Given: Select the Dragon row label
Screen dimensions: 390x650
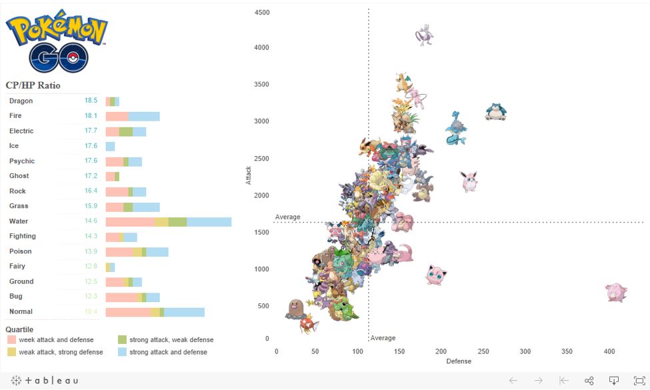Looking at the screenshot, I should point(21,101).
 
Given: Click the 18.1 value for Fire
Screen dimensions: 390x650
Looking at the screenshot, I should point(91,116).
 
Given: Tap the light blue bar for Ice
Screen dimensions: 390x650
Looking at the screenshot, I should point(110,146).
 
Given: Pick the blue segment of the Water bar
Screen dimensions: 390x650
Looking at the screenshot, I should point(209,221).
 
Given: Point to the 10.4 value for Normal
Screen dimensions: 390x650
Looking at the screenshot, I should point(91,311).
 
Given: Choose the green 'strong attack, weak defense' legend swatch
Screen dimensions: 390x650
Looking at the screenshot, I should point(122,340).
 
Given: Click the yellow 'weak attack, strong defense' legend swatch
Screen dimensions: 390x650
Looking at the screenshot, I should point(11,352).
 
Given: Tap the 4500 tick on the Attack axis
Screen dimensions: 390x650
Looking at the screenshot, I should point(262,13).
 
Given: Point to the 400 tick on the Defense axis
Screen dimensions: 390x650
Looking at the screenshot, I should point(609,351).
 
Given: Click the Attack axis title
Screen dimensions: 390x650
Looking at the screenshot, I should point(249,175).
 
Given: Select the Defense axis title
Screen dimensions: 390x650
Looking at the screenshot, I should point(459,361).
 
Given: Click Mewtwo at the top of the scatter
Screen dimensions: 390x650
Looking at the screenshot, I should point(425,35).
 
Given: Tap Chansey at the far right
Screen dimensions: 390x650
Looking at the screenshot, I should point(615,292).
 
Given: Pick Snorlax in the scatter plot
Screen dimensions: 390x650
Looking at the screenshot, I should point(497,111).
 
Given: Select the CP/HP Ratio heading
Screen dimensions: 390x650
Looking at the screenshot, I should point(33,86).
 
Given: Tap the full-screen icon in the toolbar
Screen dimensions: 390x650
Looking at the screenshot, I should point(639,380).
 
